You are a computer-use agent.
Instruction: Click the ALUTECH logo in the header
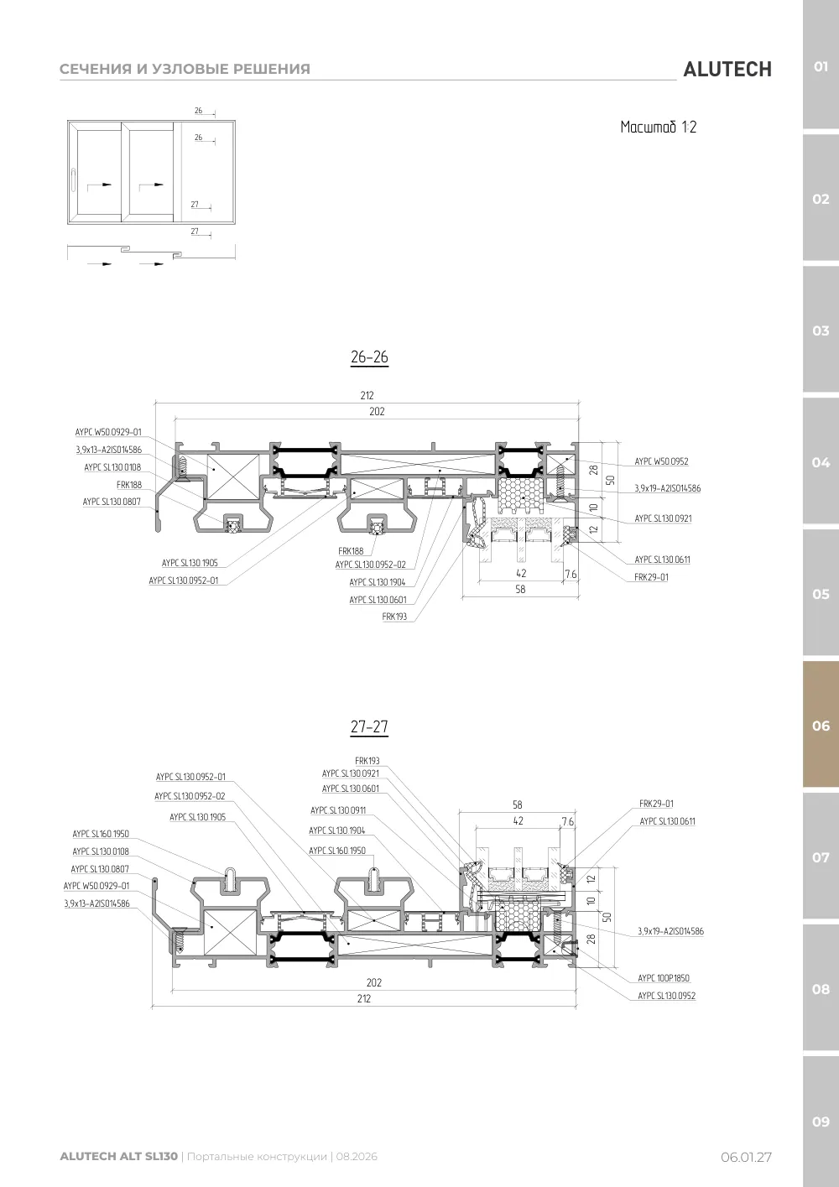(727, 70)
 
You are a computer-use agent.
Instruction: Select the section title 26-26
(369, 357)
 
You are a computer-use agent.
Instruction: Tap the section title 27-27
(369, 726)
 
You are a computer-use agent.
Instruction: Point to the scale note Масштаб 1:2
(659, 128)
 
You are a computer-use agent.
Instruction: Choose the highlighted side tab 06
(821, 726)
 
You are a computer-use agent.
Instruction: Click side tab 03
(821, 331)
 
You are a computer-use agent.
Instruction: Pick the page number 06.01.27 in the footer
(746, 1157)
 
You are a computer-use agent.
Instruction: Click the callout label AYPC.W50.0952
(661, 461)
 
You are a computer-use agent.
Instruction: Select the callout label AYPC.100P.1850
(664, 977)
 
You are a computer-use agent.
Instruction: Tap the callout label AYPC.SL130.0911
(338, 810)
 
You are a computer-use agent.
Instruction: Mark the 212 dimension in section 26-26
(367, 395)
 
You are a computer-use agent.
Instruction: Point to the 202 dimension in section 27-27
(373, 982)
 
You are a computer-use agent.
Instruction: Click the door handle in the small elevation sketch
(73, 180)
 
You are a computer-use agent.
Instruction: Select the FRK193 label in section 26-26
(394, 617)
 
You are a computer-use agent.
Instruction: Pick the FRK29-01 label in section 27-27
(656, 804)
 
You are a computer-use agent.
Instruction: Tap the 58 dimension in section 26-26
(520, 589)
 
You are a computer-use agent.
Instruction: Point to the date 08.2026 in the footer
(357, 1156)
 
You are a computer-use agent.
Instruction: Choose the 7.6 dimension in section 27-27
(568, 821)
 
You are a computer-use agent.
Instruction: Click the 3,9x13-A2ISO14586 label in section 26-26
(109, 450)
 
